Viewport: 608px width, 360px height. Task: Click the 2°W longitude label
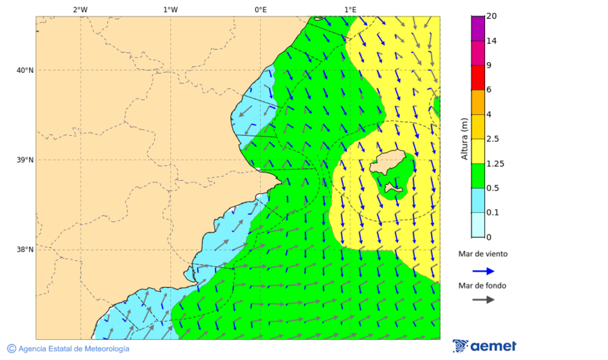coord(80,9)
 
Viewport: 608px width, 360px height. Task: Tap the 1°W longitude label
coord(170,9)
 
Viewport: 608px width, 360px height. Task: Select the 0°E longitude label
coord(260,9)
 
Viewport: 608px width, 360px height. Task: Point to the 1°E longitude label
coord(350,9)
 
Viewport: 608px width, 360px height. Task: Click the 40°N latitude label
coord(25,70)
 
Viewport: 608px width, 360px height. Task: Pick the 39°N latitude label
coord(25,160)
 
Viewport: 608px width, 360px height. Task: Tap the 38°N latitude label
coord(25,249)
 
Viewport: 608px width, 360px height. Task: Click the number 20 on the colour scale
coord(492,16)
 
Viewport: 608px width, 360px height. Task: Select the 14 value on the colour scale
coord(492,41)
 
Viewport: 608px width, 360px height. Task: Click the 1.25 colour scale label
coord(496,163)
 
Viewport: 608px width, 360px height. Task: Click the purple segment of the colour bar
coord(478,28)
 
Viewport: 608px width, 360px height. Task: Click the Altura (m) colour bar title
coord(465,138)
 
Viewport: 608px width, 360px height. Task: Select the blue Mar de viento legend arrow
coord(483,271)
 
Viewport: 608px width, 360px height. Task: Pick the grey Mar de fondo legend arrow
coord(483,300)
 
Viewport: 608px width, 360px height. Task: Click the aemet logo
coord(484,346)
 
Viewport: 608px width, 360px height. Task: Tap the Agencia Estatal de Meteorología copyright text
coord(68,349)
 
